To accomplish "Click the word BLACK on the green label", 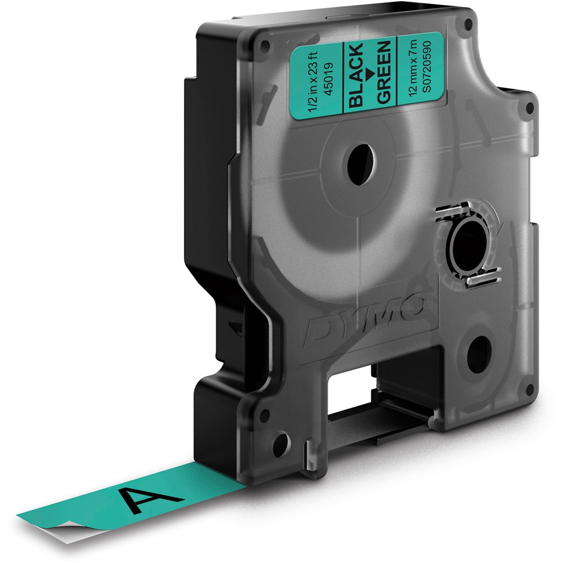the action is point(356,75).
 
